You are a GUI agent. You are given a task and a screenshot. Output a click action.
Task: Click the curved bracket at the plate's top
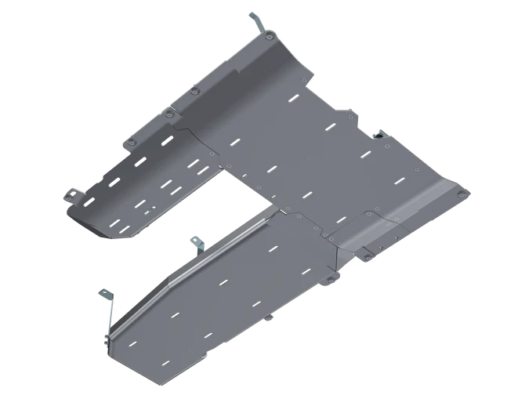[x=255, y=21]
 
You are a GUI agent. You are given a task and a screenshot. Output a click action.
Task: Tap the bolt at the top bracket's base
[x=268, y=37]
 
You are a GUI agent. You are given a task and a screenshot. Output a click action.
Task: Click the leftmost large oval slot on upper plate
[x=114, y=182]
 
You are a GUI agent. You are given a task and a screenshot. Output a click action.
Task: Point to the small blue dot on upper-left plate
[x=146, y=211]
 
